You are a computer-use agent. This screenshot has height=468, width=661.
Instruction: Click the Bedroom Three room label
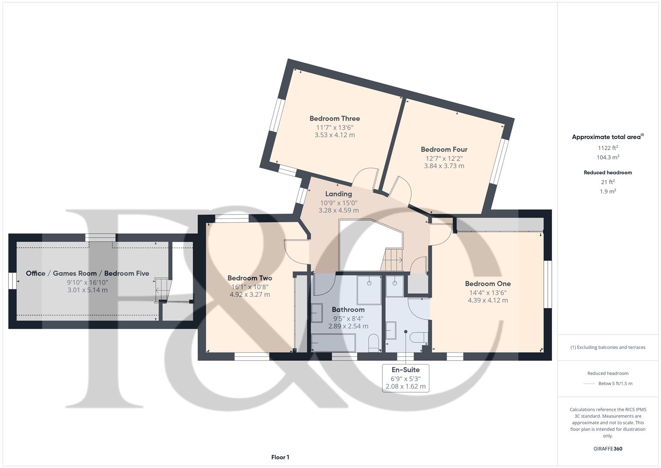(x=335, y=118)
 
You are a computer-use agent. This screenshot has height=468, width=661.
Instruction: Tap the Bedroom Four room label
(x=444, y=149)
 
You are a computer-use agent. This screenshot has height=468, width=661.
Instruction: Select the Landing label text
(x=339, y=194)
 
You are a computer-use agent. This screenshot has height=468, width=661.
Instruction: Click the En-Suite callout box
(x=405, y=378)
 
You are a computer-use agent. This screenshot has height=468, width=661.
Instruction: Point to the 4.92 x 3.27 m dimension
(x=250, y=295)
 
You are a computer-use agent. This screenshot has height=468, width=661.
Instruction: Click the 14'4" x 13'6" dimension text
(x=488, y=292)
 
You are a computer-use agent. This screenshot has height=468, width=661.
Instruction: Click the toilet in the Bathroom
(x=373, y=343)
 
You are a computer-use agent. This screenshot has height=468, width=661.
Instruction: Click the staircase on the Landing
(x=393, y=260)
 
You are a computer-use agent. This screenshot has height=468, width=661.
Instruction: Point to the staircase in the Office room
(x=161, y=289)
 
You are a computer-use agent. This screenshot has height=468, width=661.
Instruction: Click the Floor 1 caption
(x=280, y=457)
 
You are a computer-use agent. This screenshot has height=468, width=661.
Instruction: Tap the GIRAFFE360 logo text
(x=608, y=448)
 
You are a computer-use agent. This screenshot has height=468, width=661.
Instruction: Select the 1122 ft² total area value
(x=608, y=148)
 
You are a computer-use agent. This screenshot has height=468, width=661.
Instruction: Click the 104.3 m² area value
(x=608, y=157)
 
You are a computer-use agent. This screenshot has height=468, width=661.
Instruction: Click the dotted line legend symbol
(x=589, y=383)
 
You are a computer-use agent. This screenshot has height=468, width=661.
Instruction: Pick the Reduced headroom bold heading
(x=608, y=172)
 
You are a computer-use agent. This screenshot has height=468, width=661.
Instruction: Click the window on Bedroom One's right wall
(x=548, y=284)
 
